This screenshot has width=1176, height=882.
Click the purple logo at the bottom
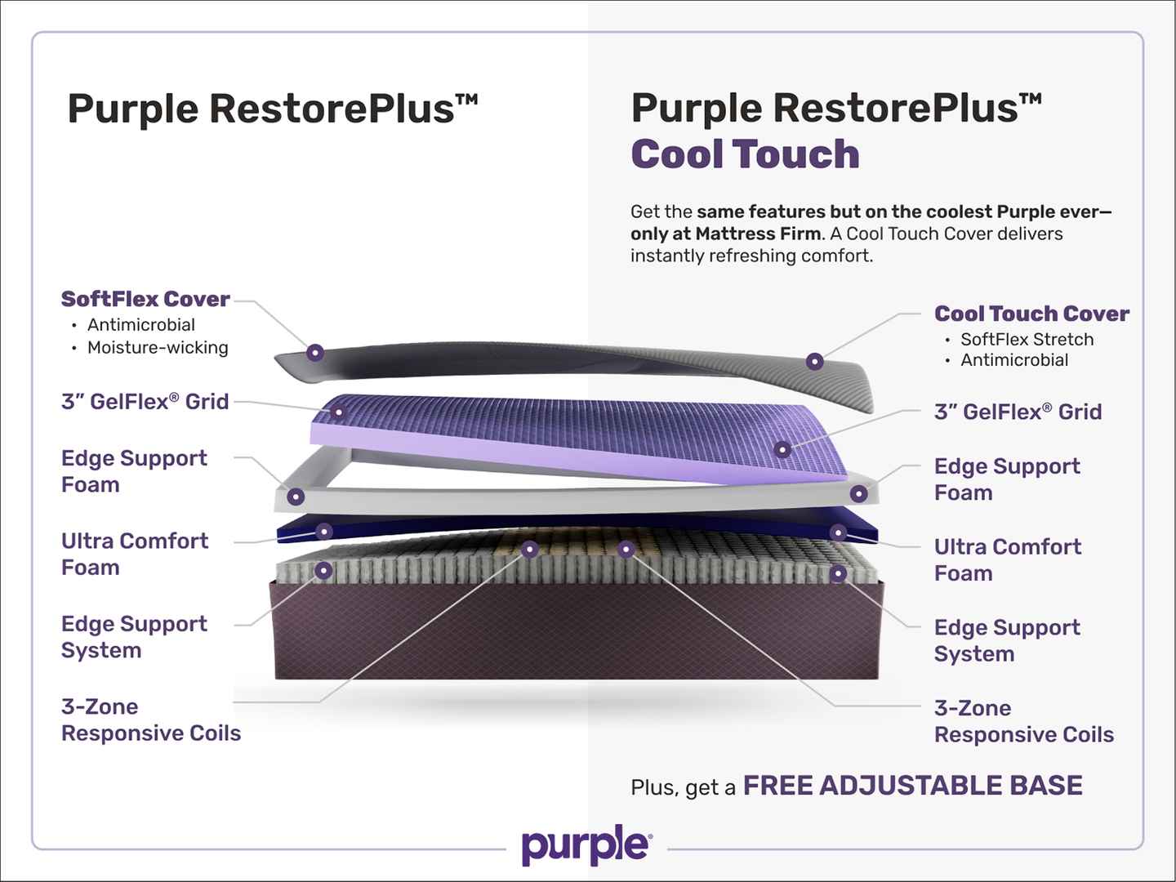(x=586, y=846)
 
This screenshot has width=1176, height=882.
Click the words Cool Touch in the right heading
(x=746, y=154)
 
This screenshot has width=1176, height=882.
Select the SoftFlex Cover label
(x=145, y=299)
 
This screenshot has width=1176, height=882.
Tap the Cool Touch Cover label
(x=1031, y=314)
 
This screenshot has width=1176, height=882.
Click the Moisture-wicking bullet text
(x=158, y=348)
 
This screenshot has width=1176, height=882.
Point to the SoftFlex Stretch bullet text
(x=1027, y=340)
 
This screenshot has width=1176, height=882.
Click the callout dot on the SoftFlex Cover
(x=315, y=352)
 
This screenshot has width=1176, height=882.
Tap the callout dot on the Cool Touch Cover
(x=814, y=362)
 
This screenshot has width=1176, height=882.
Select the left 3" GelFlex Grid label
(x=145, y=402)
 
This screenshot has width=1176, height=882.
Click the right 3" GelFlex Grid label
(x=1018, y=412)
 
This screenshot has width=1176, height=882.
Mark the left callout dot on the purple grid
(x=337, y=412)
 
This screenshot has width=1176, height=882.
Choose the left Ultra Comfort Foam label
(x=135, y=555)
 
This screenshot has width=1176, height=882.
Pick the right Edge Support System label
(x=1007, y=640)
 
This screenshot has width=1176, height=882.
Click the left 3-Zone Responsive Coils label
(x=151, y=719)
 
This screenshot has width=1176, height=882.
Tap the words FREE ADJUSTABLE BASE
(x=913, y=786)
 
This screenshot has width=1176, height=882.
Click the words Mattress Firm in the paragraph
(x=758, y=234)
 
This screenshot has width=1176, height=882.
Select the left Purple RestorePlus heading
(x=272, y=109)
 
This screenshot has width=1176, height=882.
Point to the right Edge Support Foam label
(x=1007, y=479)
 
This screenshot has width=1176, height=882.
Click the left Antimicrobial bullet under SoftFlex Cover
(x=141, y=325)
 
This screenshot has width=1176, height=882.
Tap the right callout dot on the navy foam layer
(x=838, y=532)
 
